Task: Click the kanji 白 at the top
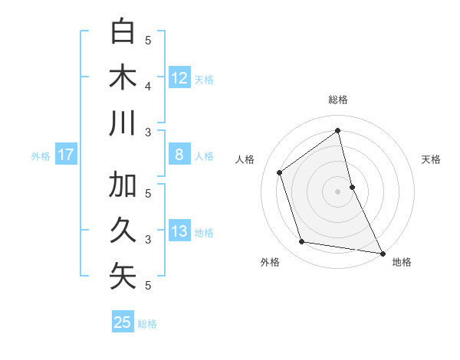click(x=123, y=32)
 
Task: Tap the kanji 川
click(x=123, y=123)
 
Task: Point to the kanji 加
click(x=123, y=185)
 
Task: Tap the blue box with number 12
click(x=179, y=77)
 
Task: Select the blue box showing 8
click(x=179, y=155)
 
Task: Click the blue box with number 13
click(x=179, y=231)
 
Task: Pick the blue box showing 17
click(x=66, y=155)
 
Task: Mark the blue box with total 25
click(x=123, y=322)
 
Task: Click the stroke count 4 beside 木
click(x=148, y=87)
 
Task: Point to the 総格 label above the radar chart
click(x=338, y=100)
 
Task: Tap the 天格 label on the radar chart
click(x=431, y=159)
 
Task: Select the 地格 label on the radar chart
click(x=402, y=262)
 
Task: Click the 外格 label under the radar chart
click(x=270, y=262)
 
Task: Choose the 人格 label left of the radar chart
click(x=245, y=159)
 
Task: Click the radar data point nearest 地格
click(x=382, y=252)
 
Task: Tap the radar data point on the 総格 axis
click(x=338, y=131)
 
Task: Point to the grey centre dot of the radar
click(x=338, y=191)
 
